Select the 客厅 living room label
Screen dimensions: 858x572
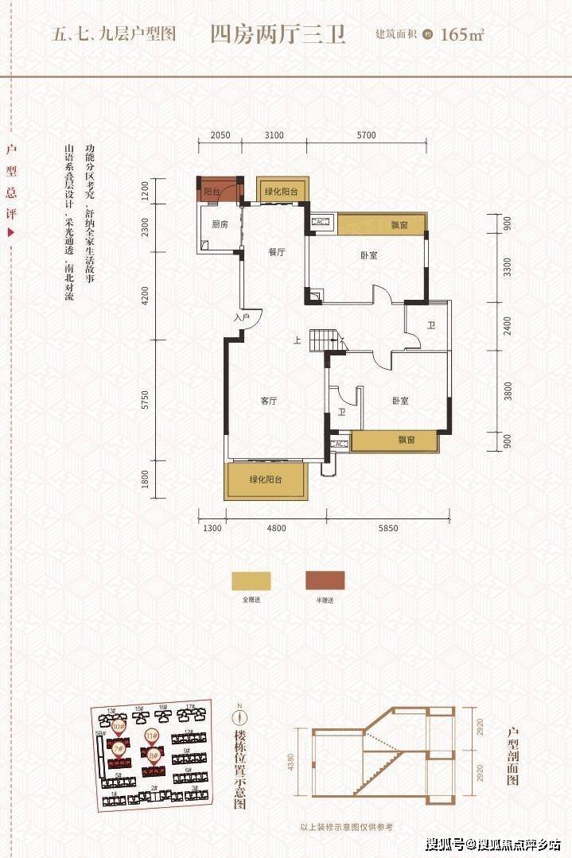tap(268, 401)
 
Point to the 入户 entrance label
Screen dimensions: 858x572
tap(243, 318)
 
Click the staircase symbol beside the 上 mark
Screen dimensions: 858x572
tap(326, 340)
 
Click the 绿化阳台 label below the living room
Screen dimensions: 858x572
tap(267, 479)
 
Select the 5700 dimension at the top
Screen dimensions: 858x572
tap(366, 135)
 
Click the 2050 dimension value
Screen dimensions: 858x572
tap(220, 135)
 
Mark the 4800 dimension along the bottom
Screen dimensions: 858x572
tap(276, 528)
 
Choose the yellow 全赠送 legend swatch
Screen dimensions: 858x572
tap(251, 580)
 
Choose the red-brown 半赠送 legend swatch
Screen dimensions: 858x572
tap(325, 580)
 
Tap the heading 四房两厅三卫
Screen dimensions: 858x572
tap(278, 35)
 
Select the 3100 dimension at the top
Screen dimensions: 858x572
tap(274, 135)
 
